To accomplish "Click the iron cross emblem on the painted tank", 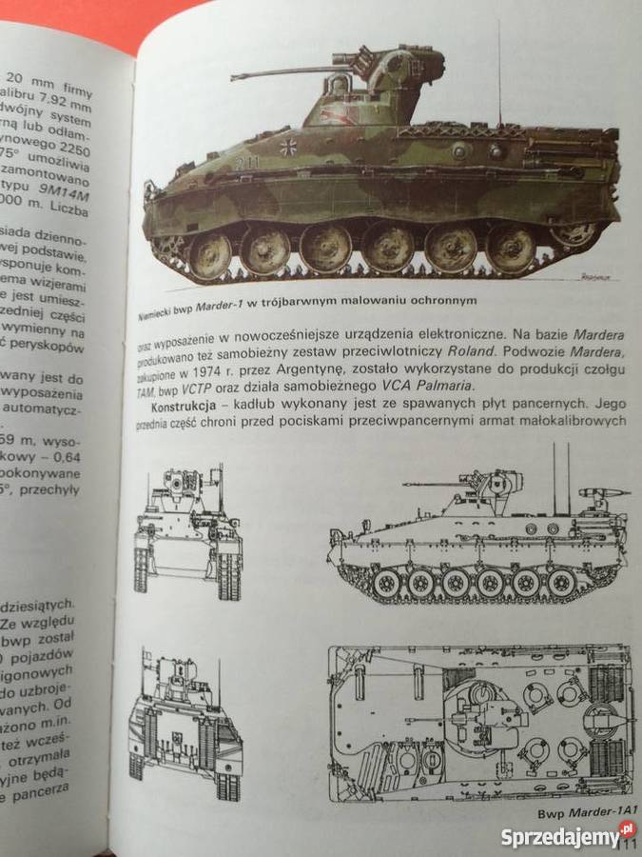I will [289, 147].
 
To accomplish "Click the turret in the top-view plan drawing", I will [476, 709].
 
